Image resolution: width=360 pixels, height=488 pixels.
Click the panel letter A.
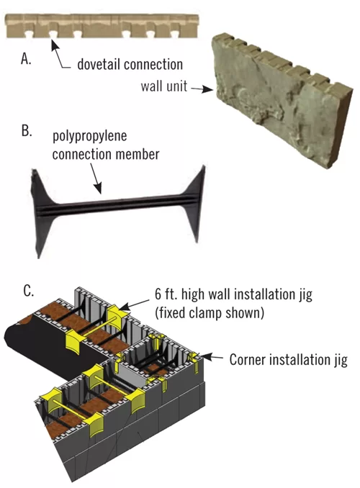tap(26, 58)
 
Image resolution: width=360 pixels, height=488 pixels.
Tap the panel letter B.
tap(27, 131)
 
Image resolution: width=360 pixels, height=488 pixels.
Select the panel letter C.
tap(28, 292)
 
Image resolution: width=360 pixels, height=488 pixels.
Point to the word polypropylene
tap(90, 136)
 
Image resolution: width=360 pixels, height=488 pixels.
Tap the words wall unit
tap(164, 86)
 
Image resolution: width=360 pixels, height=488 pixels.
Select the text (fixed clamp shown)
tap(210, 312)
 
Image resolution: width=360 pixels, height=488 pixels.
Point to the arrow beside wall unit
tap(202, 89)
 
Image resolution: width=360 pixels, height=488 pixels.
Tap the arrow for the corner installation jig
tap(211, 357)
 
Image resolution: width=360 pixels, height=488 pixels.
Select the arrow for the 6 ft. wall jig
tap(134, 305)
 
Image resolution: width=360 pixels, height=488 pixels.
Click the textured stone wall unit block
tap(282, 101)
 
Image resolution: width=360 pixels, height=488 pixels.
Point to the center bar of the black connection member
tap(118, 204)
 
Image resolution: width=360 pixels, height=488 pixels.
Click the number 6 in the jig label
tap(158, 294)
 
